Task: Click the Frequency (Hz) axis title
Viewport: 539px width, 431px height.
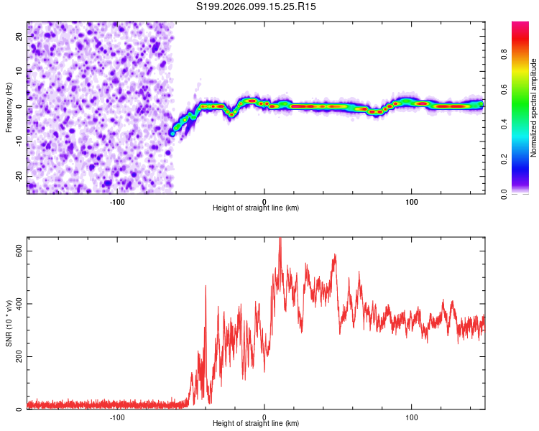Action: [9, 107]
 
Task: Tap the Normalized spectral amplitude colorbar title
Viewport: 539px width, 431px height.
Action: [534, 108]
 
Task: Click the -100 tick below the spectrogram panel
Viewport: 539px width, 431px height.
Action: [117, 200]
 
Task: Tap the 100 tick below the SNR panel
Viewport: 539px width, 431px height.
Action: [412, 417]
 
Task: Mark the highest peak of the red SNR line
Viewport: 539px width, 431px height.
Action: [280, 238]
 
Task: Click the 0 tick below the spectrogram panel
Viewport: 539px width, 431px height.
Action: [264, 200]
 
